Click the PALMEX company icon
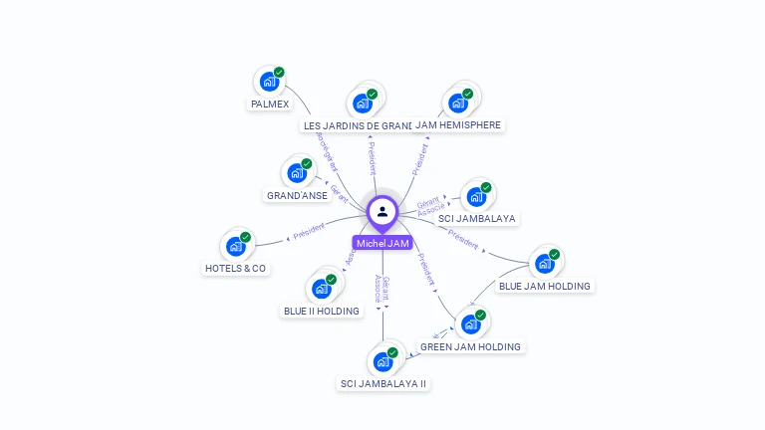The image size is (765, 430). (267, 82)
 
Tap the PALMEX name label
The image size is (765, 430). (269, 104)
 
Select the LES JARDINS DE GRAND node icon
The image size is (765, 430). (360, 104)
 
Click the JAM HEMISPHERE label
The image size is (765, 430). (458, 124)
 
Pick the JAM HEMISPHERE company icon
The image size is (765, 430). (457, 103)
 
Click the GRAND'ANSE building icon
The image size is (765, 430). (296, 173)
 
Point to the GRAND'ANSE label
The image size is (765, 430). (297, 195)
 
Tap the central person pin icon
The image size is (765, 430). (382, 211)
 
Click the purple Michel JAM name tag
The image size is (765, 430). (382, 243)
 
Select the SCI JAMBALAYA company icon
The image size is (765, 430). (475, 196)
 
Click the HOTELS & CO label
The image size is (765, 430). (236, 268)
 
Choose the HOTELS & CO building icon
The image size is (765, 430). (235, 246)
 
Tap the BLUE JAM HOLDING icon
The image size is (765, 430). (544, 264)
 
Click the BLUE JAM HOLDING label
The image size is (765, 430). (545, 286)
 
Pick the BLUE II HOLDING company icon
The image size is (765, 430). (321, 289)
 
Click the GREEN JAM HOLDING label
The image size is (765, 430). (470, 346)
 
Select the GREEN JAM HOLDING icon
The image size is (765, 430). (470, 324)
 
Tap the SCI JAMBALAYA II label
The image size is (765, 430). (383, 383)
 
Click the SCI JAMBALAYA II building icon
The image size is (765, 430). (382, 361)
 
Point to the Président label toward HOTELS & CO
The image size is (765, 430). (309, 232)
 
